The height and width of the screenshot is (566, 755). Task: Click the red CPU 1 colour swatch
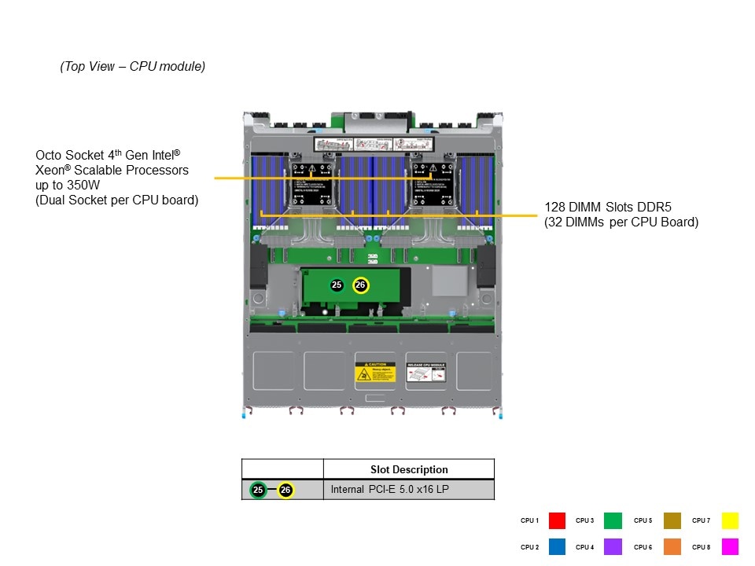click(x=557, y=520)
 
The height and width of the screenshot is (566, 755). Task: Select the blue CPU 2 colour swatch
click(x=557, y=546)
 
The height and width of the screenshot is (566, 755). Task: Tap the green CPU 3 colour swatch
click(x=613, y=520)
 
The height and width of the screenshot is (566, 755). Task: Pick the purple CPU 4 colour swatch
click(x=613, y=546)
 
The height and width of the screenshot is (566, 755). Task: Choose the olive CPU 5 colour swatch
click(x=672, y=520)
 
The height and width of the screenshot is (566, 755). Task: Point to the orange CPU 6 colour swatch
click(x=672, y=546)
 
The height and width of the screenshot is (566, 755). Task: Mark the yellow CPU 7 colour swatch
click(x=730, y=520)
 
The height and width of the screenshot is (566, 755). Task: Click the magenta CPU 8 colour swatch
click(x=730, y=546)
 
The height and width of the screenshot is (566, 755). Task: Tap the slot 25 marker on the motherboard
click(x=337, y=285)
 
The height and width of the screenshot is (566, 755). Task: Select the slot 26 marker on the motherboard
click(x=360, y=285)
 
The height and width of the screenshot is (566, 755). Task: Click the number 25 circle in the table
click(x=258, y=490)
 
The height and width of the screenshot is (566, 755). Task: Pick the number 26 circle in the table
click(x=285, y=490)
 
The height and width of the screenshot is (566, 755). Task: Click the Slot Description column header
click(x=409, y=469)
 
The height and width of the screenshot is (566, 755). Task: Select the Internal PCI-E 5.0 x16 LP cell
click(x=389, y=490)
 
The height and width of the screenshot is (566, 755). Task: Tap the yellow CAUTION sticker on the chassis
click(x=374, y=372)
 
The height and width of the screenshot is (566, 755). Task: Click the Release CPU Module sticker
click(x=426, y=372)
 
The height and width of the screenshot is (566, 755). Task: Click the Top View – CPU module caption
click(x=133, y=67)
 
